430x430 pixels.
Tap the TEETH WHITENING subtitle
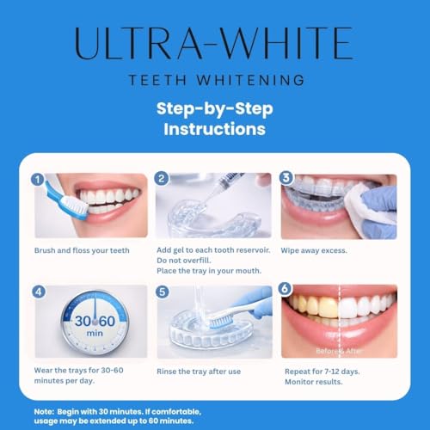215,80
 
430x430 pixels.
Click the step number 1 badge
36,179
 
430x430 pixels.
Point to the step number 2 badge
161,179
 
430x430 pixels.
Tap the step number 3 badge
286,179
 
